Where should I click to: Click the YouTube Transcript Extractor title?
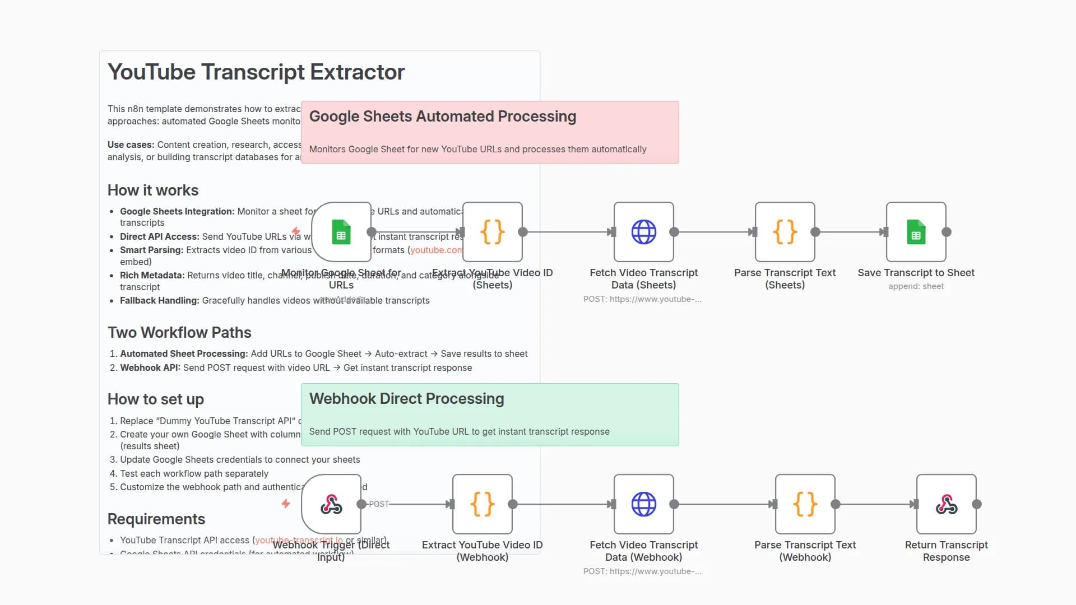click(256, 72)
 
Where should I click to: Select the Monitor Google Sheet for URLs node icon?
click(341, 232)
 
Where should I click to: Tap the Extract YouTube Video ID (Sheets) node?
click(493, 232)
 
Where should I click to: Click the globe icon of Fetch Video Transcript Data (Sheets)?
click(643, 232)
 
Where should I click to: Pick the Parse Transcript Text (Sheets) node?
click(785, 232)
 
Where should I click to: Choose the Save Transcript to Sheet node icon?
click(916, 232)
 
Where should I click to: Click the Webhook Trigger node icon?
click(331, 504)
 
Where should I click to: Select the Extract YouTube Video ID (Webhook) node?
click(482, 504)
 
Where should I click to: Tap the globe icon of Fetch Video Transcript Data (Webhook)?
click(643, 504)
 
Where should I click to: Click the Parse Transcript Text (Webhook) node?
click(805, 504)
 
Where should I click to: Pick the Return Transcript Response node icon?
click(946, 504)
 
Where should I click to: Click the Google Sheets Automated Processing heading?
click(442, 117)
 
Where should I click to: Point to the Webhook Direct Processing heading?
click(406, 399)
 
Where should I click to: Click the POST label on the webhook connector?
click(379, 504)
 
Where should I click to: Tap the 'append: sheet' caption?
click(916, 286)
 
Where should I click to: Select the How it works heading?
click(152, 190)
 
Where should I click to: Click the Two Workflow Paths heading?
click(179, 333)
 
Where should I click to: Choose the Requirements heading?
click(156, 519)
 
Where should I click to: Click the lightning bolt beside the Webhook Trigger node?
click(286, 504)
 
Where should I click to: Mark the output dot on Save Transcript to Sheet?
click(947, 232)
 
